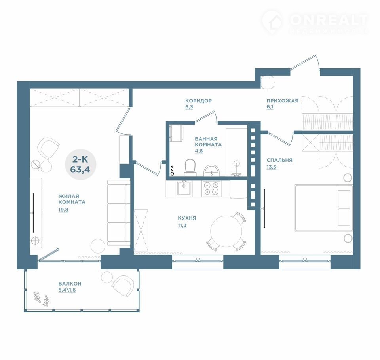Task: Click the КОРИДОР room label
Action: [198, 100]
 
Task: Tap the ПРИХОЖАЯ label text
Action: [282, 101]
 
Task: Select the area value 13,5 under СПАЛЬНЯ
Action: [271, 167]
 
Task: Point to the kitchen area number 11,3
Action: [182, 225]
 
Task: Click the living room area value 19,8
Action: [63, 210]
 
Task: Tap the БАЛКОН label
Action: [70, 283]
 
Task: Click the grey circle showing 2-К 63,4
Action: [81, 164]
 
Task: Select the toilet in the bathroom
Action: [190, 168]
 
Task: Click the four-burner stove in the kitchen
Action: [211, 188]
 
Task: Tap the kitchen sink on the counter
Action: [184, 188]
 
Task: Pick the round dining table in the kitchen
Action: [226, 231]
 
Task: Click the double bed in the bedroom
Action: [323, 208]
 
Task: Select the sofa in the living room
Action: [119, 213]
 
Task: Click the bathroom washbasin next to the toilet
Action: [211, 171]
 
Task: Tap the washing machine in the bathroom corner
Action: [176, 133]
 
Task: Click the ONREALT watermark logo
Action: [315, 22]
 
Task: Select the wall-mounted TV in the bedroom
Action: [264, 208]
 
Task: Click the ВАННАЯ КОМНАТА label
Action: [208, 142]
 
